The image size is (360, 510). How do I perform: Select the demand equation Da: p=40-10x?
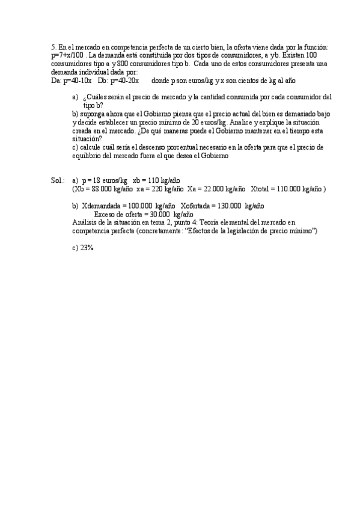pos(72,80)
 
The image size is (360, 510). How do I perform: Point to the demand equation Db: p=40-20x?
pos(118,80)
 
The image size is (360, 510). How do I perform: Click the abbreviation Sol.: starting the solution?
pos(58,180)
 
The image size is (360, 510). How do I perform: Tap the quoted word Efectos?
pos(189,231)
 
